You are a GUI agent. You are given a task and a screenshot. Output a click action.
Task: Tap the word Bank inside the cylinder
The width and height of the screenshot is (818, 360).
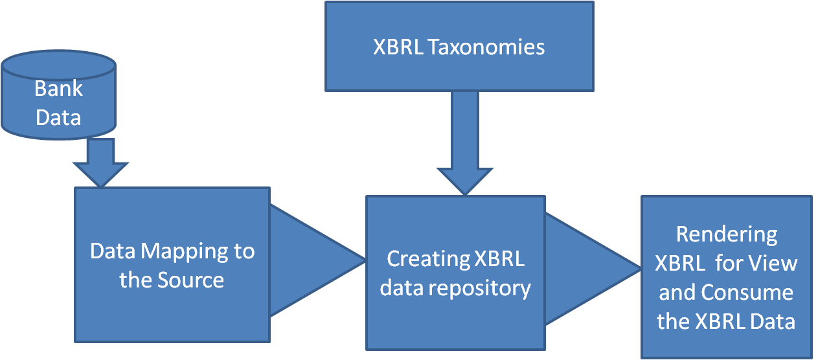(x=58, y=88)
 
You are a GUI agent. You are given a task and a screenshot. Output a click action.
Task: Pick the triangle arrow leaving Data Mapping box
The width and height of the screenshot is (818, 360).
(x=311, y=261)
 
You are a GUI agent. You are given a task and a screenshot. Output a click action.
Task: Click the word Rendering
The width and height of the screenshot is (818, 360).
(x=726, y=234)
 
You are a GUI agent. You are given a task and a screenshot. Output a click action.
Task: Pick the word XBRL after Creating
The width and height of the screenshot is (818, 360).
(x=499, y=259)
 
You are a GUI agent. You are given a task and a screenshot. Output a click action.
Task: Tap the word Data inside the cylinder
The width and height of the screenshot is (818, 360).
(x=58, y=118)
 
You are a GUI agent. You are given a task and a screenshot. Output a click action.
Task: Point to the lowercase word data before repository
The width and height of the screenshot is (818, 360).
(x=401, y=287)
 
